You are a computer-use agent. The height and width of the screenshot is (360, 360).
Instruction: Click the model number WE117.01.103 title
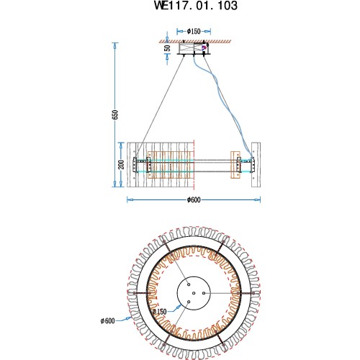pyautogui.click(x=195, y=6)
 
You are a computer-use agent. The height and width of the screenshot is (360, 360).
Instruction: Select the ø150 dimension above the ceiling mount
pyautogui.click(x=194, y=32)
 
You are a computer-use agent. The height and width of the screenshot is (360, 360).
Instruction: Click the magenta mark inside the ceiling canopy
pyautogui.click(x=204, y=48)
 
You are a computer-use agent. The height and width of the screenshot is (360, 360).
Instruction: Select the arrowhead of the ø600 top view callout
pyautogui.click(x=130, y=317)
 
